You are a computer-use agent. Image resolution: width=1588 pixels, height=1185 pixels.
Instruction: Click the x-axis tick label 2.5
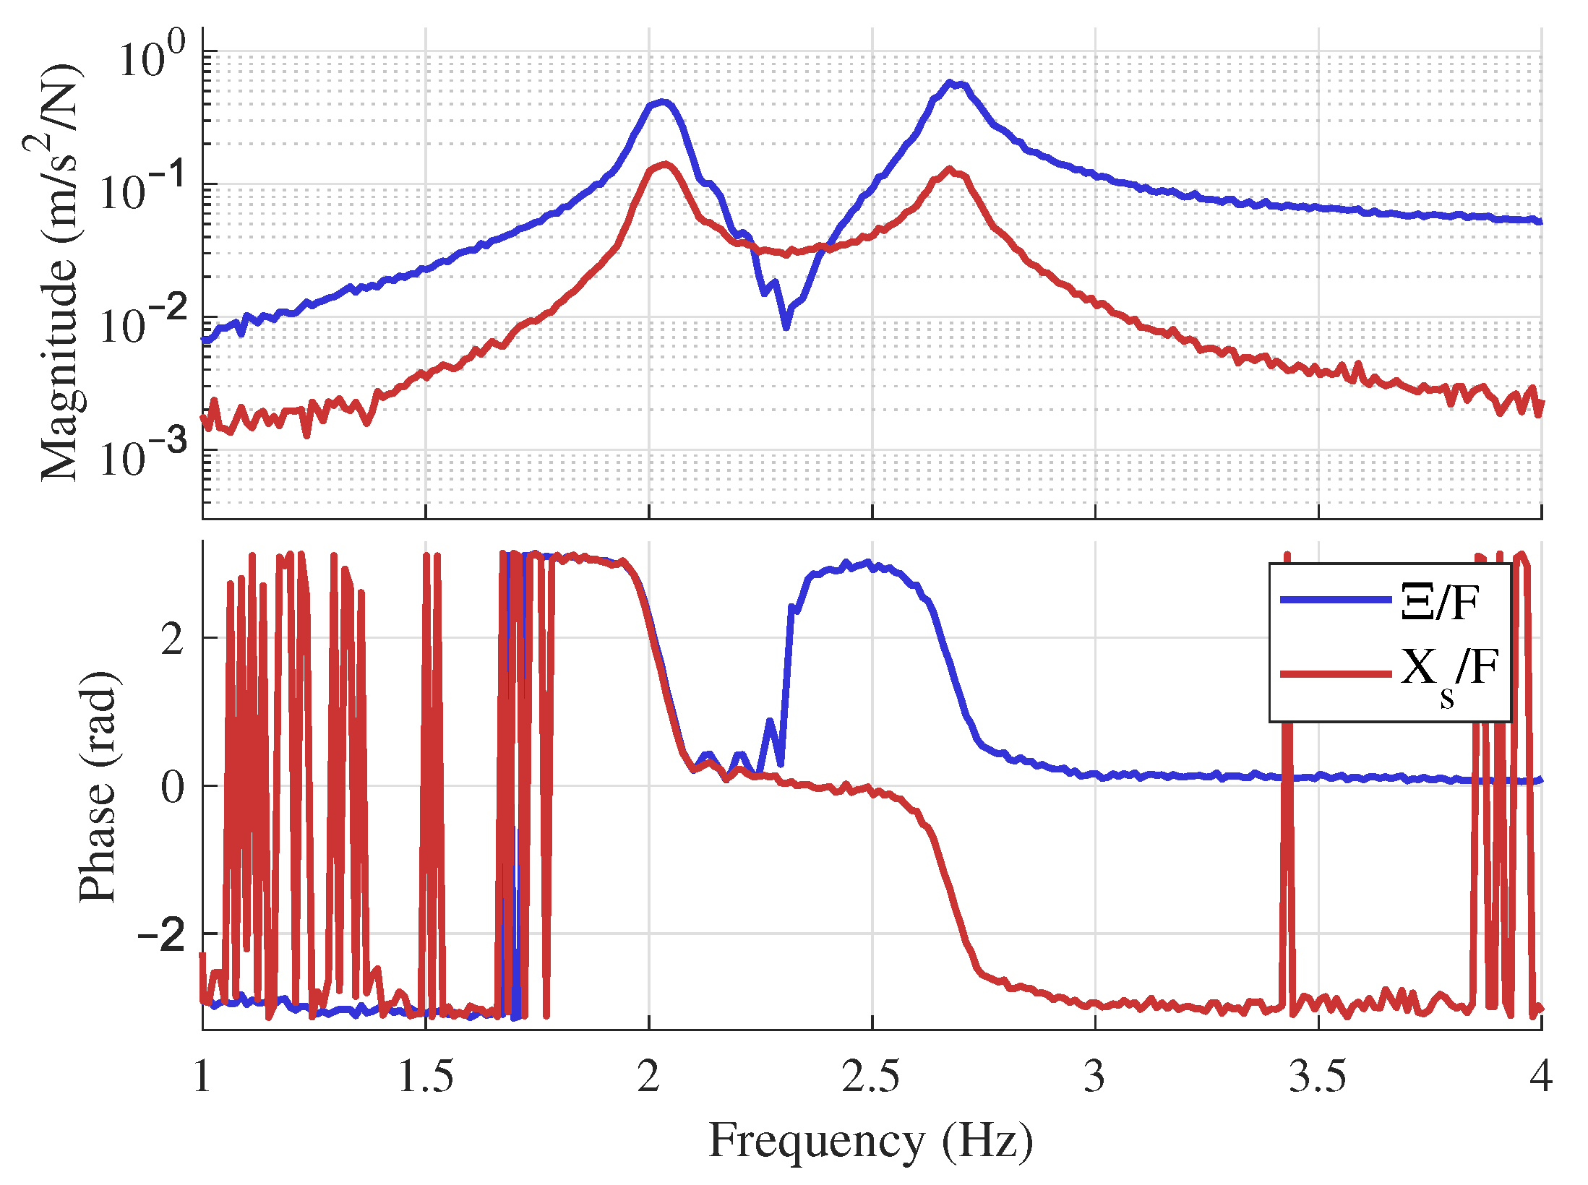871,1077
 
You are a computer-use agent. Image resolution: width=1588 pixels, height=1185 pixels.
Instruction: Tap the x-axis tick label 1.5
425,1077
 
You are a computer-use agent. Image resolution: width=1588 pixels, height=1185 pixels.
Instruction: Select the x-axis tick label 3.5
1317,1077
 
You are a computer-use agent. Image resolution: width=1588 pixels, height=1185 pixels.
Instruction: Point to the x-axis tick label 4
1540,1077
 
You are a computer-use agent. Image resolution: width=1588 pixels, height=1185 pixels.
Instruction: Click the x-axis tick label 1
202,1077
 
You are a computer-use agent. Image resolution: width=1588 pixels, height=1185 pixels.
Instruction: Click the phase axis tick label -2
162,935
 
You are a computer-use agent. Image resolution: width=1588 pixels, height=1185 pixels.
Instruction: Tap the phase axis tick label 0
173,787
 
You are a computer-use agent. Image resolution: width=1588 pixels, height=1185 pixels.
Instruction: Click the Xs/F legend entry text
1448,673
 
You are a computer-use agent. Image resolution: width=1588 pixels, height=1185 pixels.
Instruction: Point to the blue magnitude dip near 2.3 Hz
786,327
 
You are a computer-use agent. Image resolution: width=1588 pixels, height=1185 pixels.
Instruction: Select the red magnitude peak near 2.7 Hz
950,170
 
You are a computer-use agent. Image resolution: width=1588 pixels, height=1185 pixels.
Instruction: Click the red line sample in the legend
1336,673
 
